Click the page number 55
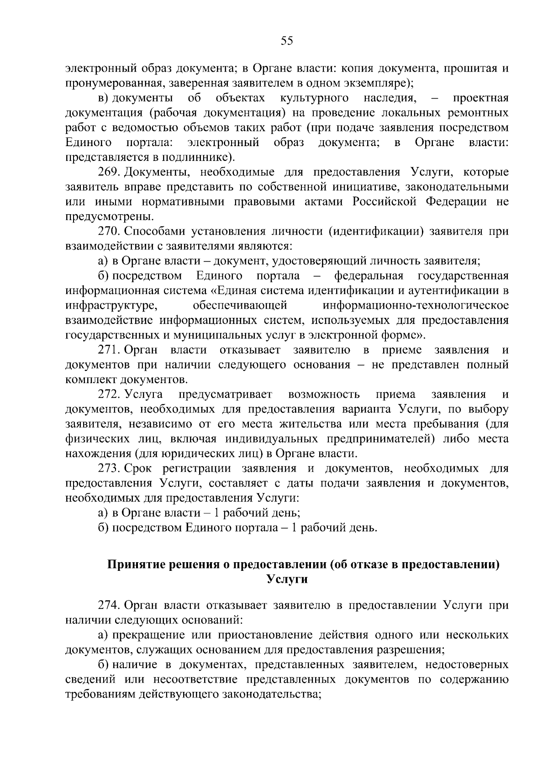tap(287, 41)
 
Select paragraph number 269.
tap(109, 172)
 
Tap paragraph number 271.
tap(109, 350)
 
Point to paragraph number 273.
tap(109, 468)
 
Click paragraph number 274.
tap(109, 605)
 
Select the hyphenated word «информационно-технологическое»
tap(415, 305)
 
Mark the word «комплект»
tap(91, 380)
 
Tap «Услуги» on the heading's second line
tap(287, 580)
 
